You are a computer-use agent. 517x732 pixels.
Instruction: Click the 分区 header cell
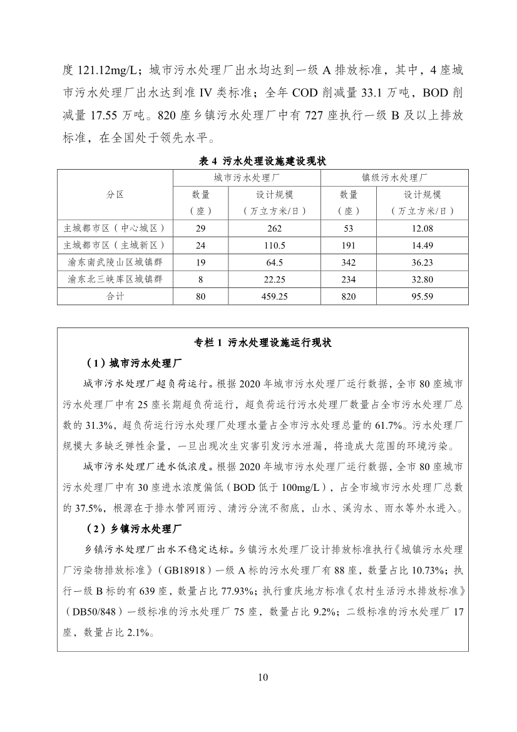pos(115,194)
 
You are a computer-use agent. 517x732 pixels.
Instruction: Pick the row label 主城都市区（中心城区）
pos(115,229)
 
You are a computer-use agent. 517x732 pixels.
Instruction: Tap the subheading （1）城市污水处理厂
pos(135,363)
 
